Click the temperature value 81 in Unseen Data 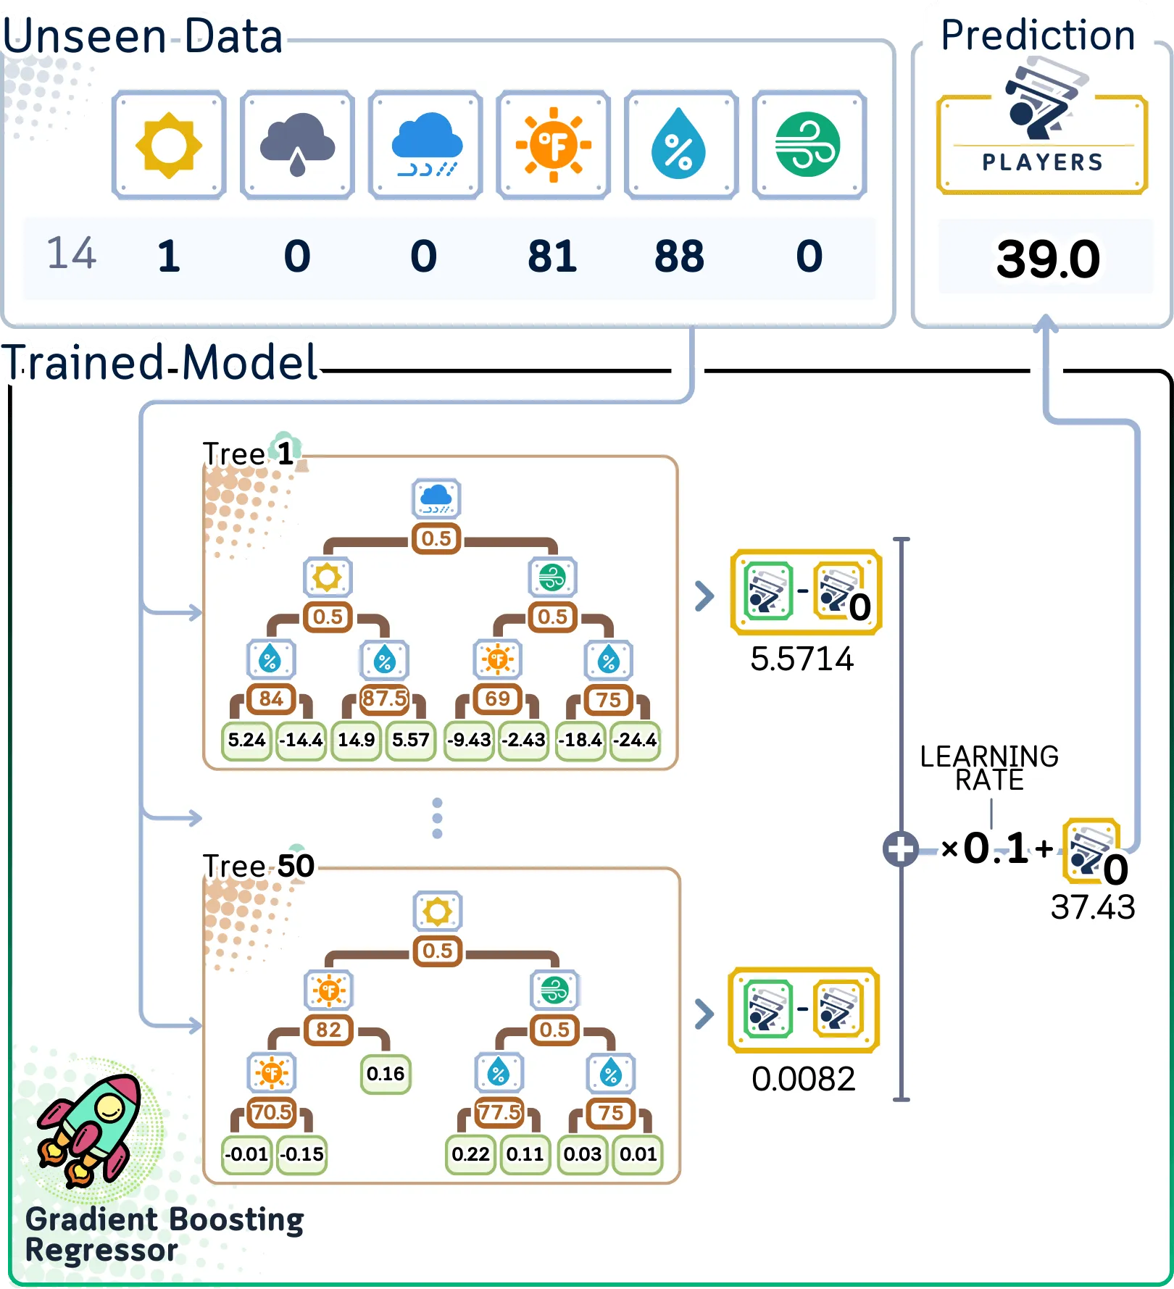(552, 256)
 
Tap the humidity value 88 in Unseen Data (679, 256)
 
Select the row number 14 (71, 254)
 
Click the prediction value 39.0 (1048, 259)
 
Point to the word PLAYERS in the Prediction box (1043, 162)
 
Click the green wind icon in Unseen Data (808, 145)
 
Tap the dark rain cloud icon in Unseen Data (297, 145)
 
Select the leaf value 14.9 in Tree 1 (356, 740)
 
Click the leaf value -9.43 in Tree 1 (469, 740)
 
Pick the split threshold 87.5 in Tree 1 (384, 698)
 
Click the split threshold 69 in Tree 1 (497, 698)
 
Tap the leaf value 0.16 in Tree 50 (386, 1073)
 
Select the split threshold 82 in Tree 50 (328, 1030)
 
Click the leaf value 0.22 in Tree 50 (470, 1154)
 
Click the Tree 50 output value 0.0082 (803, 1079)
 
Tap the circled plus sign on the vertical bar (901, 848)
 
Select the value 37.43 (1093, 907)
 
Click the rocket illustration (91, 1130)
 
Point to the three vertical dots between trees (437, 819)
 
